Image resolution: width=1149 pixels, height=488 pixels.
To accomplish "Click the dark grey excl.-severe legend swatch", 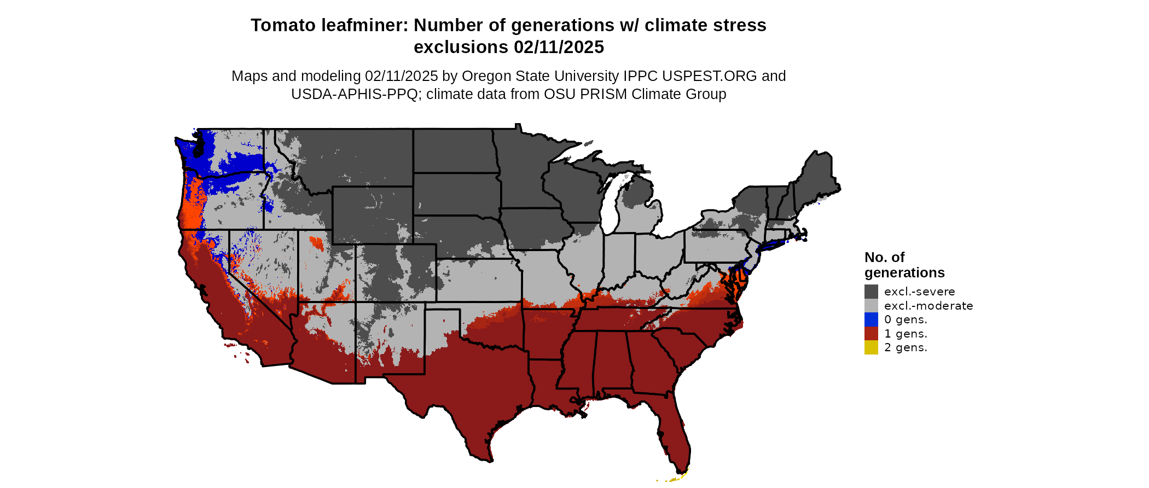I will point(871,292).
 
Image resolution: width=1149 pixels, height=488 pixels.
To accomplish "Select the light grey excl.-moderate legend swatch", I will point(871,306).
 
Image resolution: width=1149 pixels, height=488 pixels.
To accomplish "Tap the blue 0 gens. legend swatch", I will point(871,319).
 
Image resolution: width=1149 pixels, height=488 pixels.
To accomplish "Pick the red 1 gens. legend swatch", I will point(871,334).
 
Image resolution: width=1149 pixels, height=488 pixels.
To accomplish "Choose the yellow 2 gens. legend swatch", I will point(871,347).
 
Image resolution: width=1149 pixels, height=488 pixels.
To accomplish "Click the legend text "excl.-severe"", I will point(919,292).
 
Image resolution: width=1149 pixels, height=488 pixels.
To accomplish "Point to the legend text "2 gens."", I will point(906,347).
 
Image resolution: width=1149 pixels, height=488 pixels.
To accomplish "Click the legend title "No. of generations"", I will point(904,265).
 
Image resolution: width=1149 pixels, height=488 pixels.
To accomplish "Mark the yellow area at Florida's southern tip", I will point(675,479).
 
